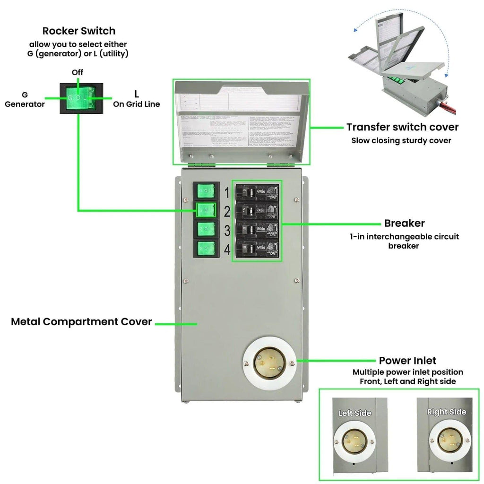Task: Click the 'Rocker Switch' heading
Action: click(79, 31)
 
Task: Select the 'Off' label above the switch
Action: click(78, 72)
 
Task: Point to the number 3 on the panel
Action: click(227, 231)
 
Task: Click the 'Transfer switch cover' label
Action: click(402, 127)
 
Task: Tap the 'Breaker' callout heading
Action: click(404, 223)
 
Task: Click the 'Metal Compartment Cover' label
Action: click(81, 322)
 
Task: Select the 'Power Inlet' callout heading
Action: click(407, 361)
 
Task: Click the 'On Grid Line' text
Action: click(136, 104)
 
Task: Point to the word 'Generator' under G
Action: click(25, 104)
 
